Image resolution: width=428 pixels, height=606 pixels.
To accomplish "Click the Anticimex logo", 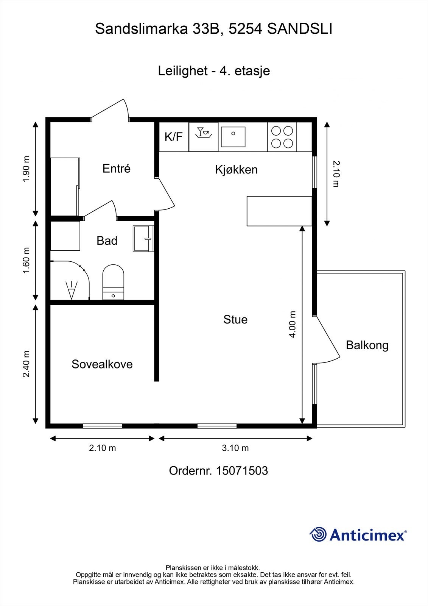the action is (x=358, y=534).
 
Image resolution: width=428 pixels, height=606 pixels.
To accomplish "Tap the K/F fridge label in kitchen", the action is (x=174, y=137).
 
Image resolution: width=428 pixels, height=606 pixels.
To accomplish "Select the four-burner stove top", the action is (x=282, y=137).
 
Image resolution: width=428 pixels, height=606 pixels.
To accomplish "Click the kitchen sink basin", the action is (x=233, y=137).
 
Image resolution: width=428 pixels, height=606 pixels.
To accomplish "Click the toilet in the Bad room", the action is (x=113, y=282).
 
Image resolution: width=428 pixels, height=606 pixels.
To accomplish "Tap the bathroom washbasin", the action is (x=143, y=239).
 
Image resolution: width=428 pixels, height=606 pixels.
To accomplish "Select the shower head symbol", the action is (x=72, y=290).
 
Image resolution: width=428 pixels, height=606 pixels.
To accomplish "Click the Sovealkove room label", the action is (x=102, y=364).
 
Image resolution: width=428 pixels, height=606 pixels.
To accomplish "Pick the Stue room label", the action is (x=235, y=320).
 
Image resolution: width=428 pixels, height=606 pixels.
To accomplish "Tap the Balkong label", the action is (x=367, y=345).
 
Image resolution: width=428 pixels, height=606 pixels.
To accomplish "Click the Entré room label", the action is (x=116, y=169).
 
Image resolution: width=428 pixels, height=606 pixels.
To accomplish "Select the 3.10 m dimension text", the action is (x=235, y=448).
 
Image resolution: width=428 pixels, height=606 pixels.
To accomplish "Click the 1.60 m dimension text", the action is (x=26, y=261).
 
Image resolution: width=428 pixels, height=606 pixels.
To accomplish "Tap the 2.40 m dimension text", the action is (x=26, y=364).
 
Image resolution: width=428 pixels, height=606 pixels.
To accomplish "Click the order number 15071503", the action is (x=242, y=471).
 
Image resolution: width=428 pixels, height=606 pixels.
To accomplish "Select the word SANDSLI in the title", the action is (x=300, y=29).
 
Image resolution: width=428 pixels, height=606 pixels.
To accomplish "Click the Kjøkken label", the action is (x=236, y=170).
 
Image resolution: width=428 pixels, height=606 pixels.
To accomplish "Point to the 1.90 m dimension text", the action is (x=26, y=169).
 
